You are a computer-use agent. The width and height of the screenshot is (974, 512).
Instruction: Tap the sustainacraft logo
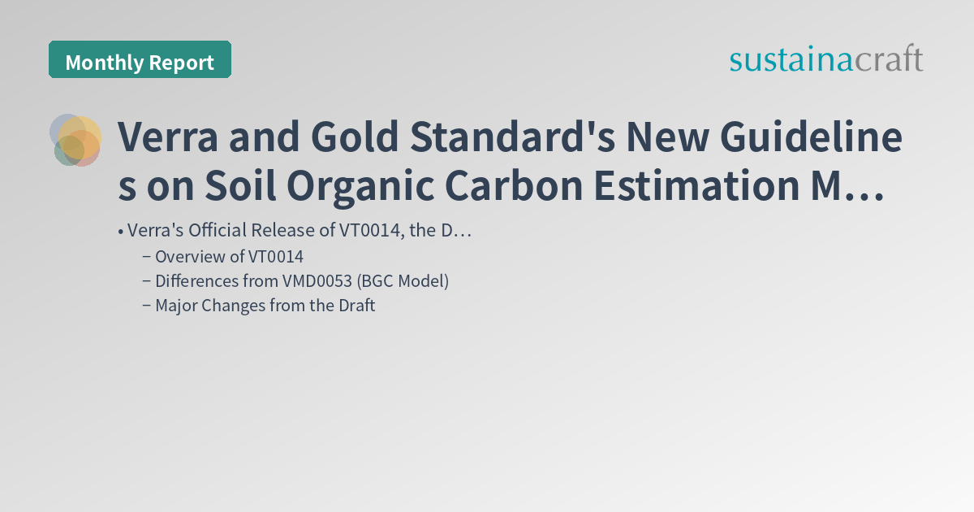[826, 59]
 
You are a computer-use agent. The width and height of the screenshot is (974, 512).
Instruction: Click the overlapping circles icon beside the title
[75, 140]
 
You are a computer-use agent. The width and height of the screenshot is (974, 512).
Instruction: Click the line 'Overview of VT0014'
[229, 257]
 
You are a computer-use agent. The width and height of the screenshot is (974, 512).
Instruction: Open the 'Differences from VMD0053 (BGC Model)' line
[302, 281]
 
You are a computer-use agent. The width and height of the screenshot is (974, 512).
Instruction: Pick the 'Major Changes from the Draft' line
[265, 306]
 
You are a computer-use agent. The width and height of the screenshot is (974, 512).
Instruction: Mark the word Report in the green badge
[184, 63]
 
